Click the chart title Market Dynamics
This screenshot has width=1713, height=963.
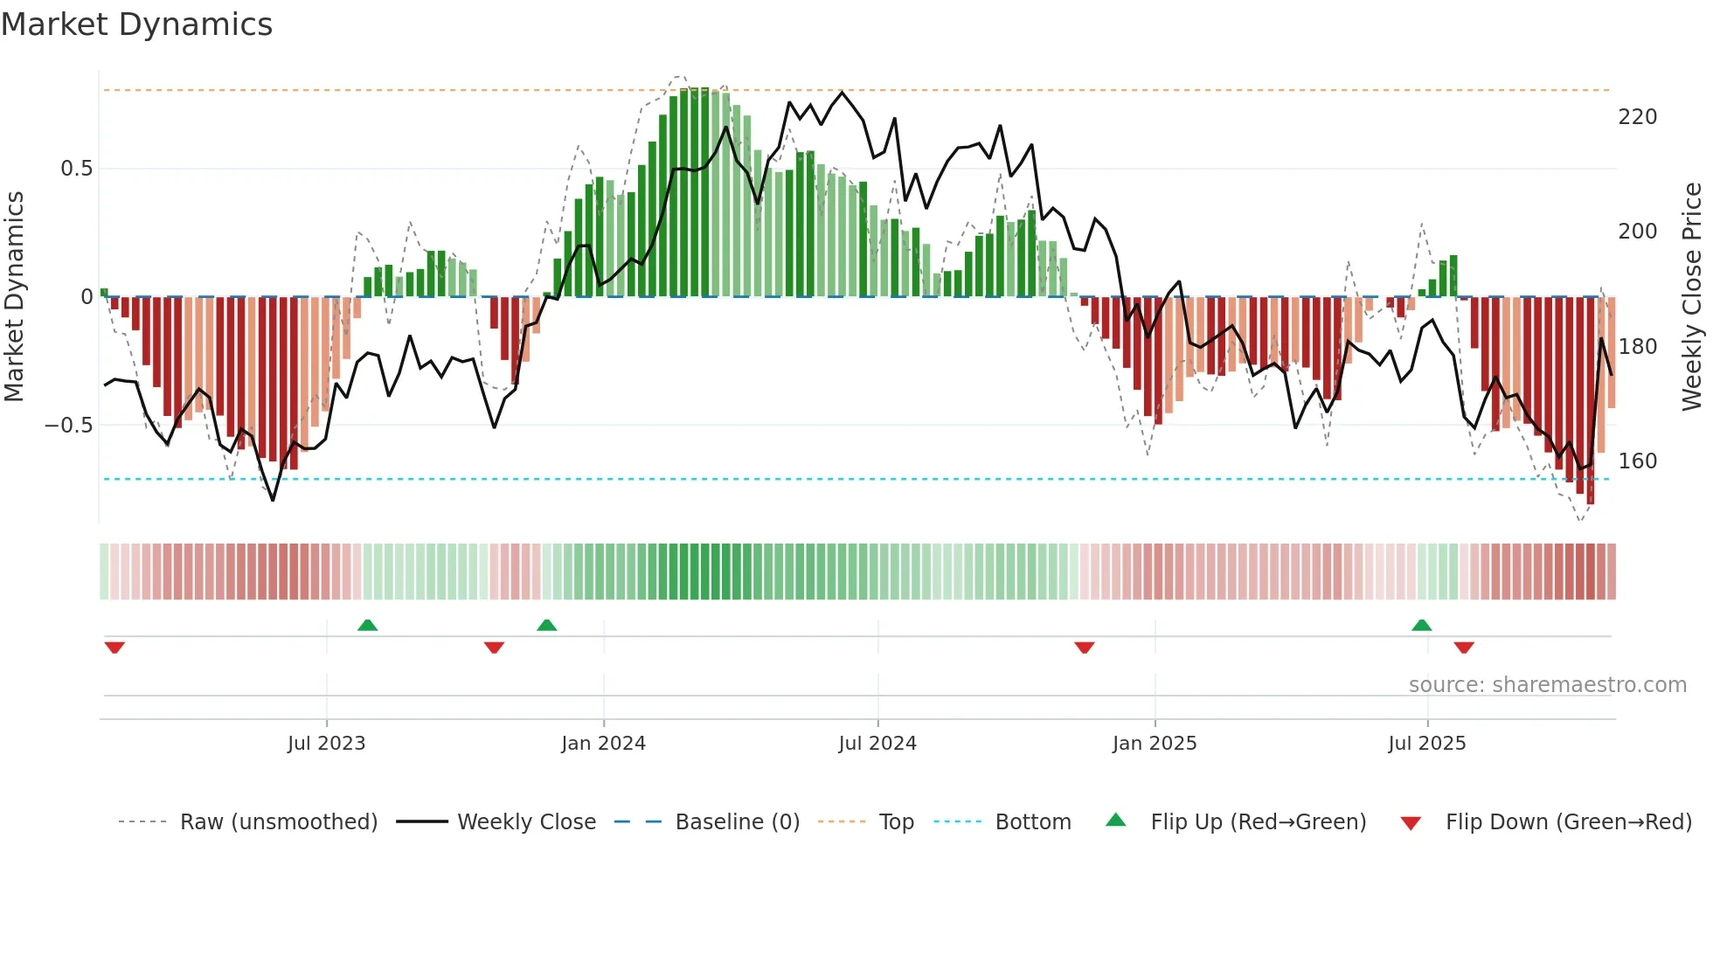tap(137, 24)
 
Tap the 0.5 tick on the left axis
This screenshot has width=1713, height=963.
tap(76, 169)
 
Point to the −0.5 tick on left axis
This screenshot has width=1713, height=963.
tap(69, 426)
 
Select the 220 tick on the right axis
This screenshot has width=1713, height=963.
tap(1637, 117)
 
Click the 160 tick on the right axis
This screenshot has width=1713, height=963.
tap(1637, 461)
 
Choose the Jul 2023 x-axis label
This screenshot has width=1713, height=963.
tap(326, 744)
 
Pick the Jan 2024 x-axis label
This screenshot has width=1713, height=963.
tap(603, 744)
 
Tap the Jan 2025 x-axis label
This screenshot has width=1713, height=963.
tap(1154, 744)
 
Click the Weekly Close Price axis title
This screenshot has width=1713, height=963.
tap(1692, 296)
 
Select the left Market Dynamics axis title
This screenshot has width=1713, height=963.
tap(14, 296)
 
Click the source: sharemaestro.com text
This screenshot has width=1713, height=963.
tap(1547, 685)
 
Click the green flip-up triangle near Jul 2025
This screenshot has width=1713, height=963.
tap(1421, 625)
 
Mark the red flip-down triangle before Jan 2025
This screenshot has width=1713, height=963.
tap(1084, 648)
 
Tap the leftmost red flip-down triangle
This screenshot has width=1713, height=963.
tap(114, 648)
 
